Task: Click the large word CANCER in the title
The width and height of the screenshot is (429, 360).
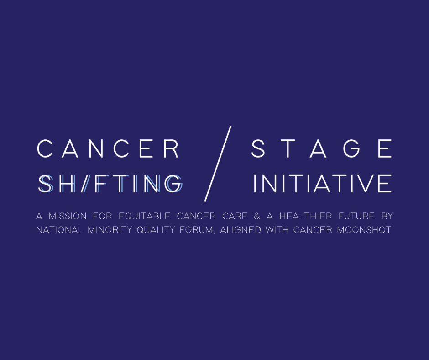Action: click(x=108, y=148)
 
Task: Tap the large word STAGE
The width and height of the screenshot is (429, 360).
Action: click(x=321, y=148)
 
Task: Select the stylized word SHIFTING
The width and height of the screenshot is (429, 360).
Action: click(x=110, y=184)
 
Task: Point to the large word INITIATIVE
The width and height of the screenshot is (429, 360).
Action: click(x=323, y=183)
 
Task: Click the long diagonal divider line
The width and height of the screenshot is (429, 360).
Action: click(x=218, y=164)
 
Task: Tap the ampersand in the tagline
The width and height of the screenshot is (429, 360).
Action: click(x=257, y=216)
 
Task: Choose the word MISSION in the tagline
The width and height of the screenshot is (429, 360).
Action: click(x=68, y=216)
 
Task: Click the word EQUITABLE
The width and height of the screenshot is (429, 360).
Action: click(x=145, y=216)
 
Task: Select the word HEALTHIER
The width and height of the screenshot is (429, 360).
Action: click(x=306, y=216)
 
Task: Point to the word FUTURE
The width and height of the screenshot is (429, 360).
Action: click(x=356, y=216)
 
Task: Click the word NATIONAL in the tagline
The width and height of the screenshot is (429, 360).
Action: click(x=59, y=230)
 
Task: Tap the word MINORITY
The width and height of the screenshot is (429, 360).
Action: click(x=110, y=230)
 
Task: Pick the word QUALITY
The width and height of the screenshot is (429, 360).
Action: click(x=156, y=230)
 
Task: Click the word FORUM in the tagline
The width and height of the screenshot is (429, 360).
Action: click(x=196, y=230)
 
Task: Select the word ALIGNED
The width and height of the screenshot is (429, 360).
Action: click(x=241, y=230)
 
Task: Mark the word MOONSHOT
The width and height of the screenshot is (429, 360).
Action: click(x=364, y=230)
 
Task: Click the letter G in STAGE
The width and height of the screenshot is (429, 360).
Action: click(x=351, y=148)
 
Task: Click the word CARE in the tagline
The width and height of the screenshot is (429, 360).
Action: click(x=235, y=216)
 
